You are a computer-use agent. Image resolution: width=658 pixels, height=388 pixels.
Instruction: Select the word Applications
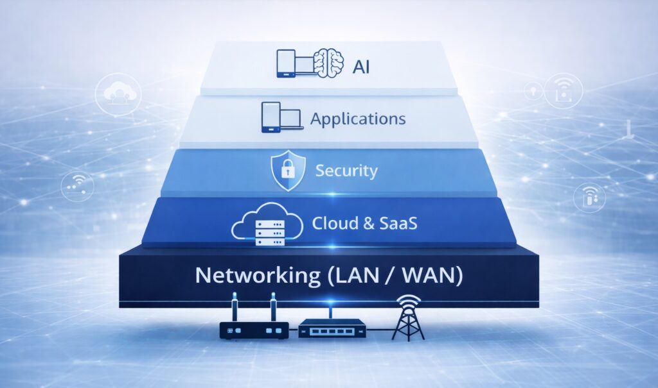[358, 119]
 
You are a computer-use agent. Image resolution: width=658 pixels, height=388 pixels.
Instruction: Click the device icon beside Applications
[281, 117]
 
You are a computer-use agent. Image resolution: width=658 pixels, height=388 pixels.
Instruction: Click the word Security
[346, 171]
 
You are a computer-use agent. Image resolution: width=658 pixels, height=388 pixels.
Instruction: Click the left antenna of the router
[235, 307]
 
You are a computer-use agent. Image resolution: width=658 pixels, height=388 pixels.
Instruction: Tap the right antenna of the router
[273, 307]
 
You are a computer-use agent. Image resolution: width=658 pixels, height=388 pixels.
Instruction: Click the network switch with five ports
[332, 328]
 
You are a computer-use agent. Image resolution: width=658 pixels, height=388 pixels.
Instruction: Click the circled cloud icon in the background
[118, 94]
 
